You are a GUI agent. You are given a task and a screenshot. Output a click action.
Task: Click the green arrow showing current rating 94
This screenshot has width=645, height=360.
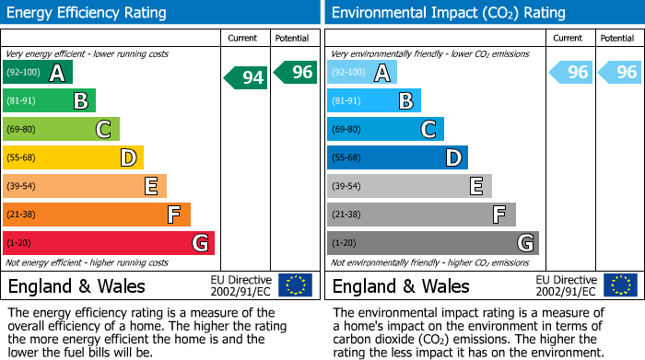click(246, 77)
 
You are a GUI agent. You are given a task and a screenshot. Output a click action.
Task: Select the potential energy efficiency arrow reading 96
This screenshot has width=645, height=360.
click(296, 72)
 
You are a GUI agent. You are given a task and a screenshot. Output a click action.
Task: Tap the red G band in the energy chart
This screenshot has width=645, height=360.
click(109, 243)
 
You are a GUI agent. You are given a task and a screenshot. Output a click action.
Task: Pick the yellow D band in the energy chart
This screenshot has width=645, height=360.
click(74, 157)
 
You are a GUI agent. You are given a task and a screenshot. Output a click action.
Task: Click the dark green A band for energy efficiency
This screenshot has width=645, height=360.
click(38, 73)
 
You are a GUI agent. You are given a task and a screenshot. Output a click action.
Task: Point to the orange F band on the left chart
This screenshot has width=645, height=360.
click(97, 215)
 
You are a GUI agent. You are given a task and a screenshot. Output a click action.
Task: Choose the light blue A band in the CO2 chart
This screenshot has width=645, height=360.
click(362, 73)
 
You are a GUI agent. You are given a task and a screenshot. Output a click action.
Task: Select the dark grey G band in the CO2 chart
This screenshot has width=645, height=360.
click(433, 243)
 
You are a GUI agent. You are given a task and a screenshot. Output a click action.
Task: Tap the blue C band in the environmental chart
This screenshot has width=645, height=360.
click(386, 129)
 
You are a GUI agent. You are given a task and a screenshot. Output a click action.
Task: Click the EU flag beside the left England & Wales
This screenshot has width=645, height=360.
click(296, 285)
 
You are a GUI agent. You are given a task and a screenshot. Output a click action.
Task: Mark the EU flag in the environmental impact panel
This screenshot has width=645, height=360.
click(620, 285)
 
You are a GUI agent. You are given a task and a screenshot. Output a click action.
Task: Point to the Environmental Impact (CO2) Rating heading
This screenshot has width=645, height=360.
click(448, 13)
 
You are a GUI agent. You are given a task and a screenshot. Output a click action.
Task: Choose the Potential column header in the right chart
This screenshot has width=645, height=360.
click(616, 38)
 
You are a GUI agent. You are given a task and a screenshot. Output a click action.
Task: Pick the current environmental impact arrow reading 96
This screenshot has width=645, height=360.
click(570, 72)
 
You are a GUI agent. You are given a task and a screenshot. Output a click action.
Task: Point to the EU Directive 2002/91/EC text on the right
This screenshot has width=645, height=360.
click(567, 285)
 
